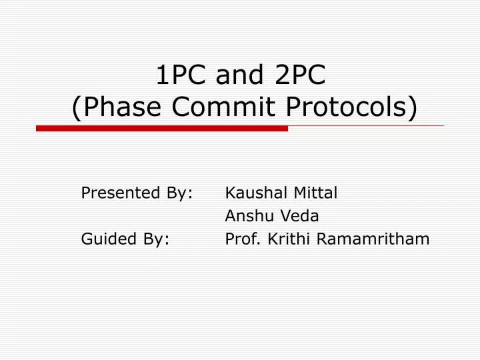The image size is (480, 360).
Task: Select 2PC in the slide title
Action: tap(299, 75)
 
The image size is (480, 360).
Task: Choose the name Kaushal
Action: tap(256, 193)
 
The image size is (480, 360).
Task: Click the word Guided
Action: tap(104, 239)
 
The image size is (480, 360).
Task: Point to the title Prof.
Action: tap(242, 239)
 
